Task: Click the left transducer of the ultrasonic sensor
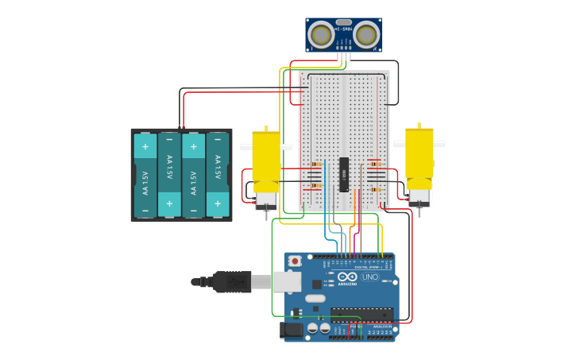pyautogui.click(x=321, y=34)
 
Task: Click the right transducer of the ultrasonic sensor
pyautogui.click(x=365, y=34)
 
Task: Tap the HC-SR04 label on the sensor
pyautogui.click(x=343, y=29)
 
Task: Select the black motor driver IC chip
pyautogui.click(x=344, y=174)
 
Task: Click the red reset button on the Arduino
pyautogui.click(x=295, y=261)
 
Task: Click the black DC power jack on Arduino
pyautogui.click(x=292, y=329)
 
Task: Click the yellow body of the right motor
pyautogui.click(x=419, y=159)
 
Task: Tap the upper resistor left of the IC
pyautogui.click(x=315, y=165)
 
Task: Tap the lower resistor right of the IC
pyautogui.click(x=374, y=189)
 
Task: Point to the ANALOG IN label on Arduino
pyautogui.click(x=381, y=326)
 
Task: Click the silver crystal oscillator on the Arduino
pyautogui.click(x=315, y=299)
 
